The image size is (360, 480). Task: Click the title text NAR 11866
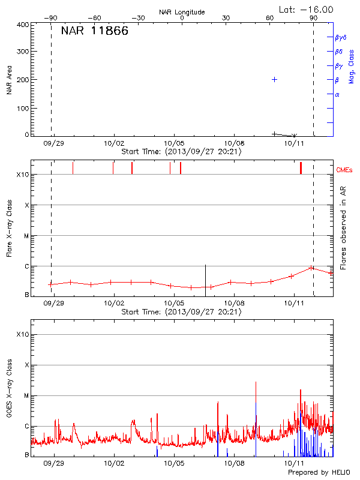[x=94, y=31]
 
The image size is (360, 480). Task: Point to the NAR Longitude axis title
[x=182, y=12]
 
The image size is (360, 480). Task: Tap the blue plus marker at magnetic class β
[x=274, y=79]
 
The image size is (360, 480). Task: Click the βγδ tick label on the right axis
[x=340, y=37]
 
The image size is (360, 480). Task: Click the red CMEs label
[x=345, y=170]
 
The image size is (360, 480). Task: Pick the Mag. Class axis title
[x=351, y=66]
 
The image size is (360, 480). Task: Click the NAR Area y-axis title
[x=10, y=79]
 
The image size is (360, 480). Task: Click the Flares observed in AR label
[x=343, y=227]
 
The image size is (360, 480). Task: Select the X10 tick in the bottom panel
[x=23, y=334]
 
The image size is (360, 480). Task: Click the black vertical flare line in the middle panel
[x=205, y=280]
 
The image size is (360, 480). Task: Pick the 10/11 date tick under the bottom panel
[x=293, y=463]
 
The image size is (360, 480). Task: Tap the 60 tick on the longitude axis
[x=270, y=19]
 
